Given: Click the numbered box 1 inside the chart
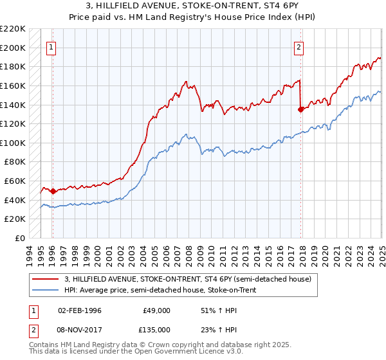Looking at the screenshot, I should point(51,46).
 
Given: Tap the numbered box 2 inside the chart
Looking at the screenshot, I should point(299,46).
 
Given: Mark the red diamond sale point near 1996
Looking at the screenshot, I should point(52,191).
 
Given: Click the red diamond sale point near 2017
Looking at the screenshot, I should point(300,109).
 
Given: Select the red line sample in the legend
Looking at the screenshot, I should point(45,279).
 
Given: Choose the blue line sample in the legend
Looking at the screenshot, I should point(45,291).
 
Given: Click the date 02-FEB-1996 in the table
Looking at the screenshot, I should point(79,310).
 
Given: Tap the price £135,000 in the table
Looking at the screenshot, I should point(156,329).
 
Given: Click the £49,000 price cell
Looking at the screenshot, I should point(156,310).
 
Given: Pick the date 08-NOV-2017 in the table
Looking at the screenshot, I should point(80,329).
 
